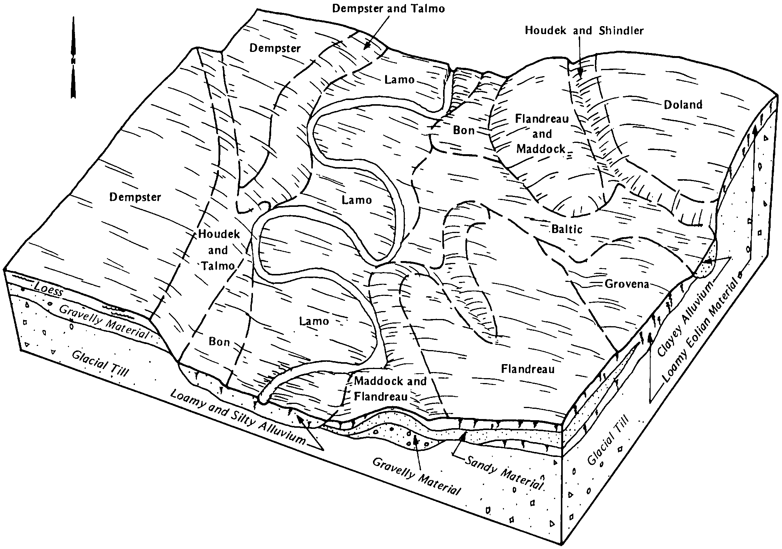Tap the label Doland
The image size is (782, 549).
[683, 105]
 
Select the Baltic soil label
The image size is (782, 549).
[567, 229]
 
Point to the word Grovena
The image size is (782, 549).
[627, 284]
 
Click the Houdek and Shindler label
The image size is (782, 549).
[584, 30]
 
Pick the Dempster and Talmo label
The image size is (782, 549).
[389, 8]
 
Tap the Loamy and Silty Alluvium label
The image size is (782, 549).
[238, 417]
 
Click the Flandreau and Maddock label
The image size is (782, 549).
[542, 134]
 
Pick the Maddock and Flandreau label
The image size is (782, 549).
[390, 389]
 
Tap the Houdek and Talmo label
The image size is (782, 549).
[219, 250]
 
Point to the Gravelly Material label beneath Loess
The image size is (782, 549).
[104, 322]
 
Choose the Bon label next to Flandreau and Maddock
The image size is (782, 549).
[464, 130]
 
